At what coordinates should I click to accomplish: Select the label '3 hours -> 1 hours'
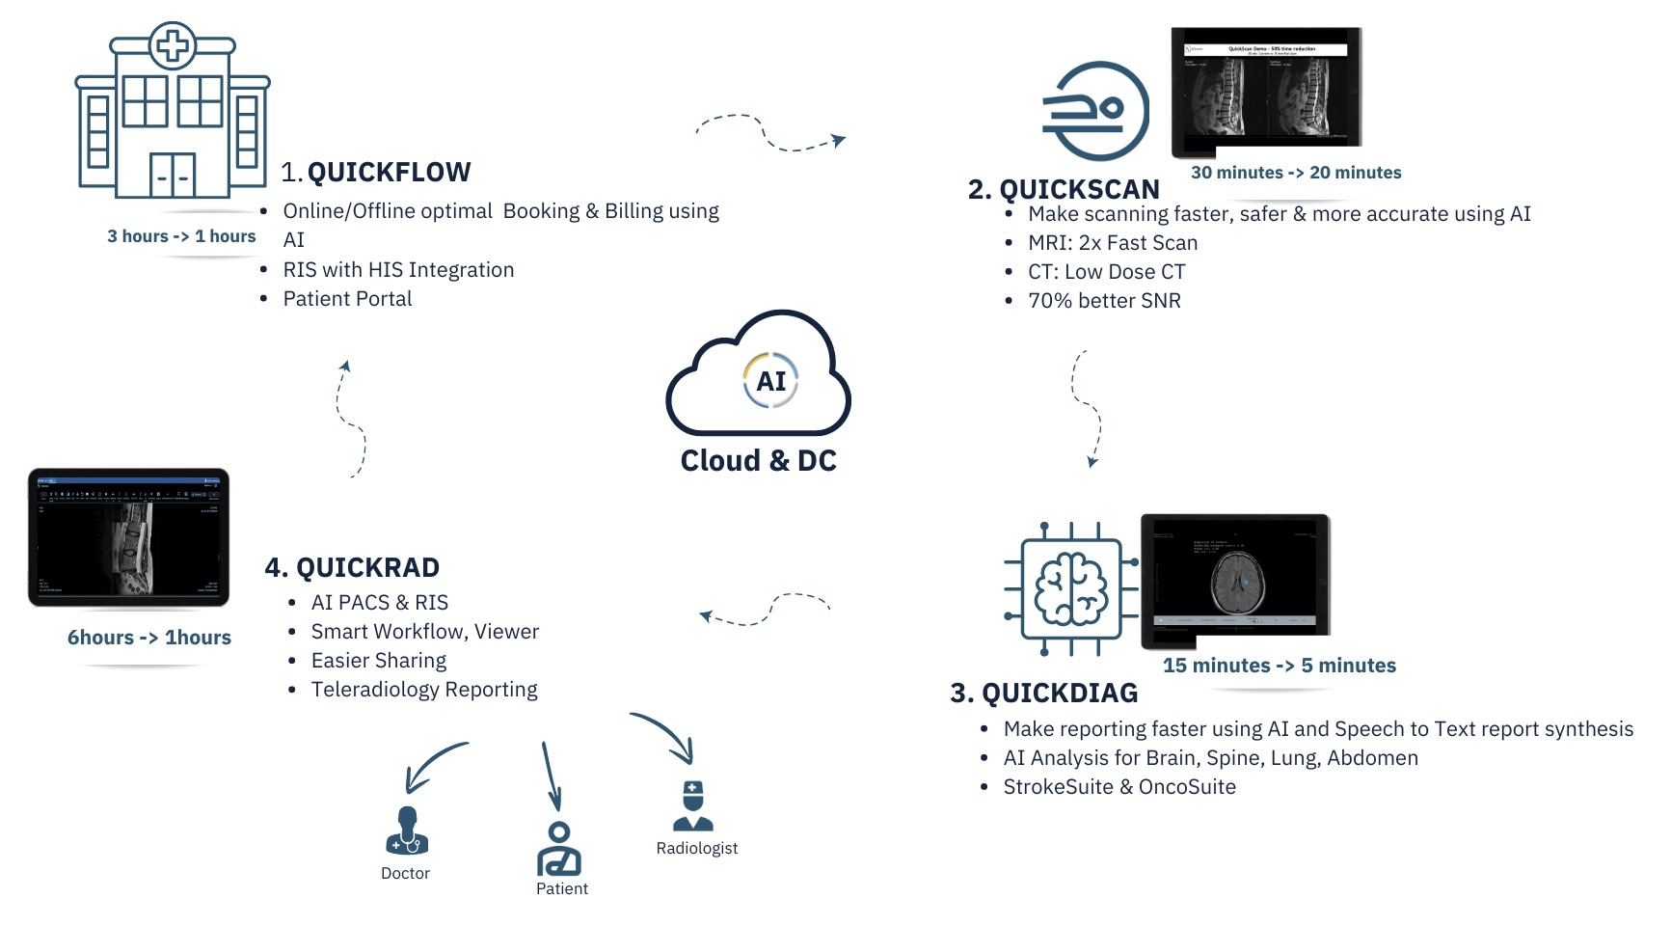(x=181, y=236)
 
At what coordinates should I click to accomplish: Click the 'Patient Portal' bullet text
(x=347, y=299)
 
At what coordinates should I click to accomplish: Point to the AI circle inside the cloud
(x=770, y=380)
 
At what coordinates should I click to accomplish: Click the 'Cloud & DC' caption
(x=758, y=461)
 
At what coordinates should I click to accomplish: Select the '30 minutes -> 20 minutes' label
(x=1296, y=173)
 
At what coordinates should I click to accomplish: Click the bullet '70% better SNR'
(x=1104, y=301)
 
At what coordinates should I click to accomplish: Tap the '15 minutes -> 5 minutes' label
(x=1279, y=666)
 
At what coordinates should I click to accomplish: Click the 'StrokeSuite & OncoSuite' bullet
(x=1119, y=787)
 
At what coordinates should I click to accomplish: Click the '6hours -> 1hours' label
(x=149, y=638)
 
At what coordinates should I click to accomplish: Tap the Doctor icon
(x=407, y=831)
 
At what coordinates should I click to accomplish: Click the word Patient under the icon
(x=562, y=889)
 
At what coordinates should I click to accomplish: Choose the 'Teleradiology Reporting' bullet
(x=424, y=690)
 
